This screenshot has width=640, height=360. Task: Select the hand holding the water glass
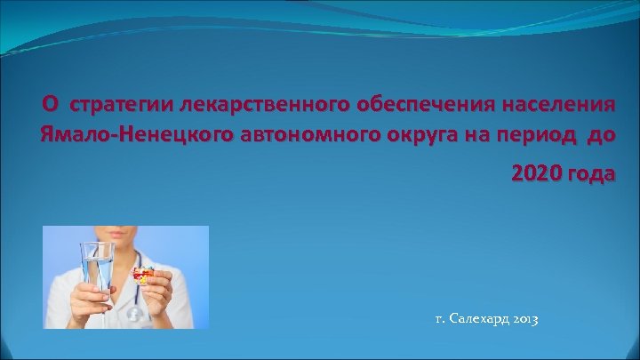pyautogui.click(x=90, y=293)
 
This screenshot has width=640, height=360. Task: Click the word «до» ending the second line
pyautogui.click(x=602, y=136)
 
